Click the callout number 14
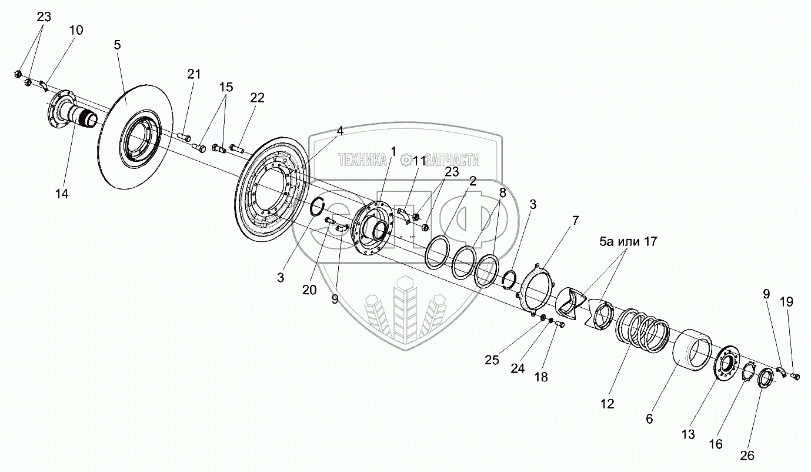[62, 194]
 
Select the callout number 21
[194, 74]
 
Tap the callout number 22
[257, 98]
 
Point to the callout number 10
[77, 30]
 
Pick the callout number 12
[607, 404]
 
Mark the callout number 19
[787, 302]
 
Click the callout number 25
[492, 360]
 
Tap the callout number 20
[309, 290]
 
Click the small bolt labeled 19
[795, 375]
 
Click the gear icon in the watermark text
[405, 159]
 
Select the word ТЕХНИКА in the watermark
[362, 159]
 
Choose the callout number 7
[575, 221]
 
